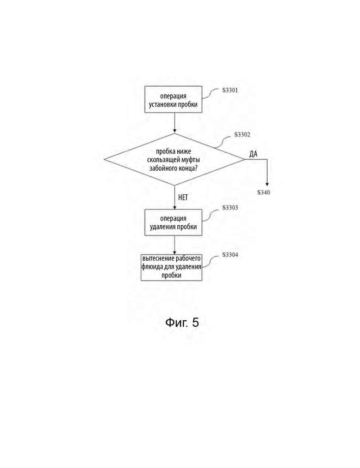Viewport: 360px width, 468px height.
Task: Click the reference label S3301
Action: [x=230, y=90]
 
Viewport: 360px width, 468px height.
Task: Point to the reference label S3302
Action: [x=242, y=135]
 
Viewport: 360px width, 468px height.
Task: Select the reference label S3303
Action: [x=230, y=207]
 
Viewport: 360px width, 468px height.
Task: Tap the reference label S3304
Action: [x=230, y=255]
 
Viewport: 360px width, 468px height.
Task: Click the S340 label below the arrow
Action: [x=264, y=192]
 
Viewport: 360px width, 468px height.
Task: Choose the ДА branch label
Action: [x=253, y=154]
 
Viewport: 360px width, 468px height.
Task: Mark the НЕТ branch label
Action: [x=183, y=197]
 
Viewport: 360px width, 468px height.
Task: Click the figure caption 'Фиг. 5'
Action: [x=182, y=322]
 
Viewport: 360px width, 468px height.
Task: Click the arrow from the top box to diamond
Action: [x=174, y=123]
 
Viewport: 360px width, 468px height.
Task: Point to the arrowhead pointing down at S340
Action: [x=267, y=185]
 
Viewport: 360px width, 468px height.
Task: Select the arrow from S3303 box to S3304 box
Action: [x=174, y=245]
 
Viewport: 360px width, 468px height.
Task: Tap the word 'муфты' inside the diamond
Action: [x=191, y=160]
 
